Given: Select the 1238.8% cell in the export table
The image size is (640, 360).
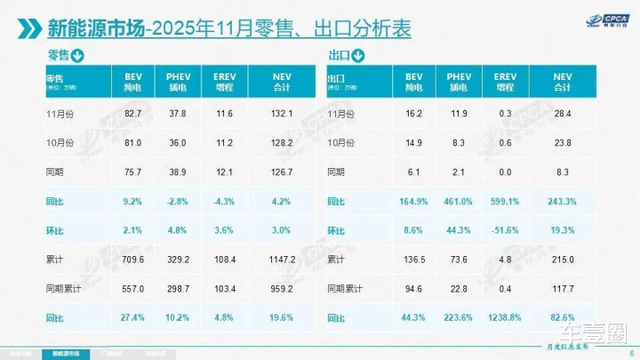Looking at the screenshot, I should (x=504, y=318).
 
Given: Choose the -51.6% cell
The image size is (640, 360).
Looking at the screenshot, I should (x=504, y=231).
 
